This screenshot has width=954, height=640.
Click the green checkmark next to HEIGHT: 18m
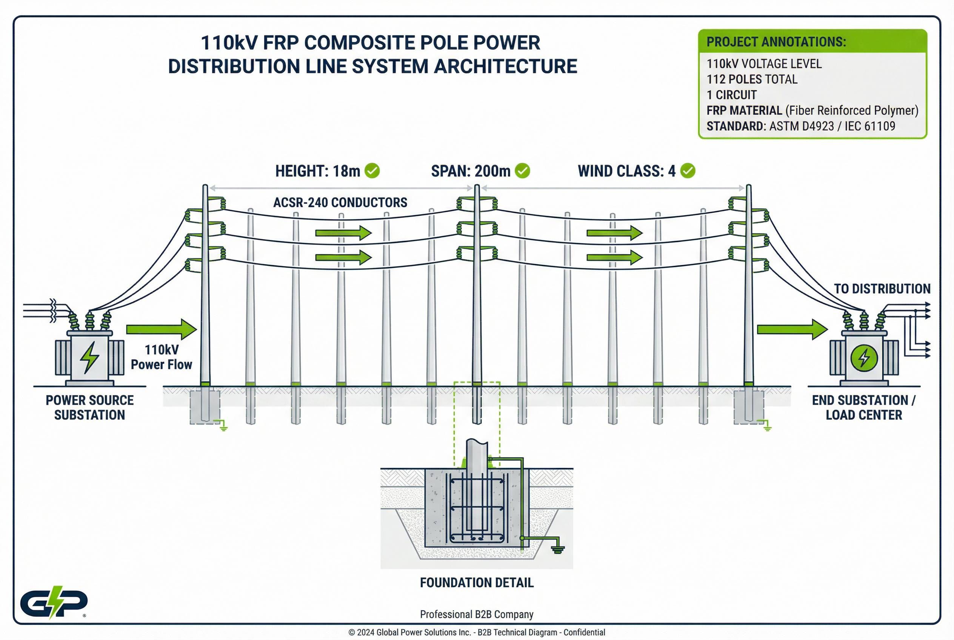pyautogui.click(x=372, y=171)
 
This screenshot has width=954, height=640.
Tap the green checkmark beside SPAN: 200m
pyautogui.click(x=522, y=171)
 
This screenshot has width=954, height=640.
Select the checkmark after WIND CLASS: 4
pyautogui.click(x=688, y=171)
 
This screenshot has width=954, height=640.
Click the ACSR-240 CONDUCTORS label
pyautogui.click(x=340, y=202)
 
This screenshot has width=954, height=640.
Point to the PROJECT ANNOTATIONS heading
pyautogui.click(x=776, y=42)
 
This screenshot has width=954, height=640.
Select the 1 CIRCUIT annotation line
pyautogui.click(x=731, y=95)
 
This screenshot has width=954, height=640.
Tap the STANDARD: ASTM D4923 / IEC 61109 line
pyautogui.click(x=800, y=126)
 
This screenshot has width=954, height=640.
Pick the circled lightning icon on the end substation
pyautogui.click(x=864, y=358)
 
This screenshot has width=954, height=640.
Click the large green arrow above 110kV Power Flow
pyautogui.click(x=161, y=329)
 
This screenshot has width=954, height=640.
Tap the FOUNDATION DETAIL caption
pyautogui.click(x=476, y=582)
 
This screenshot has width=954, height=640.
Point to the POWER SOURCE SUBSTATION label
pyautogui.click(x=89, y=407)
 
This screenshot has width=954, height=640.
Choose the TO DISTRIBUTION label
pyautogui.click(x=882, y=289)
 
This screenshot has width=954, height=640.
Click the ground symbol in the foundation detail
pyautogui.click(x=558, y=549)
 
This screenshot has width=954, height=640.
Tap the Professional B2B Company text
pyautogui.click(x=476, y=614)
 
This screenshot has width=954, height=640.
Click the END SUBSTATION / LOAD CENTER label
pyautogui.click(x=863, y=407)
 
